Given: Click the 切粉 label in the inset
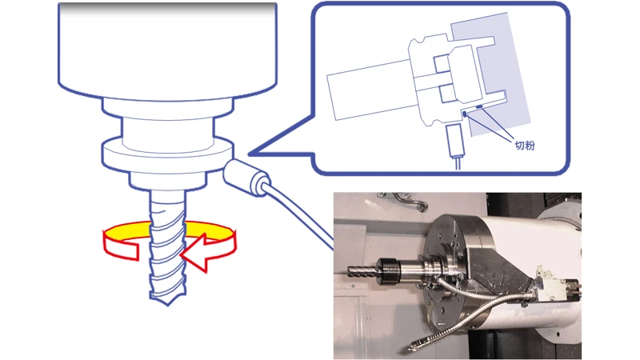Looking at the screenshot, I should pos(525,147).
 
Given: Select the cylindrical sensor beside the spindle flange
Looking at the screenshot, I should pos(246,177).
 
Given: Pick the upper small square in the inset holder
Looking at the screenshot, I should pos(442,62).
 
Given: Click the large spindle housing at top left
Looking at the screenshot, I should pos(167,48).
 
